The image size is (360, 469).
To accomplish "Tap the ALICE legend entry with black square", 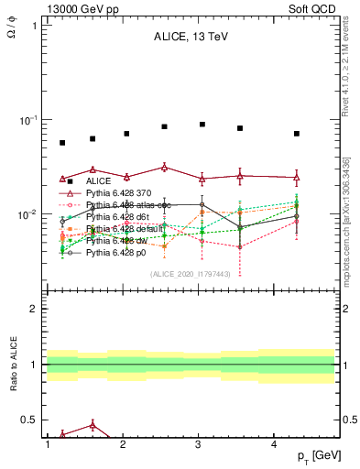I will pyautogui.click(x=94, y=181).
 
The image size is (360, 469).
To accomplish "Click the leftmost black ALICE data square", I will pyautogui.click(x=62, y=143).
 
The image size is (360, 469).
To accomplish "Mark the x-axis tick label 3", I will pyautogui.click(x=199, y=443).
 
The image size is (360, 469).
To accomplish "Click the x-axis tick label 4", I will pyautogui.click(x=275, y=443).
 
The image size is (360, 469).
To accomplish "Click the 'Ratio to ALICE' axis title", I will pyautogui.click(x=13, y=365).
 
